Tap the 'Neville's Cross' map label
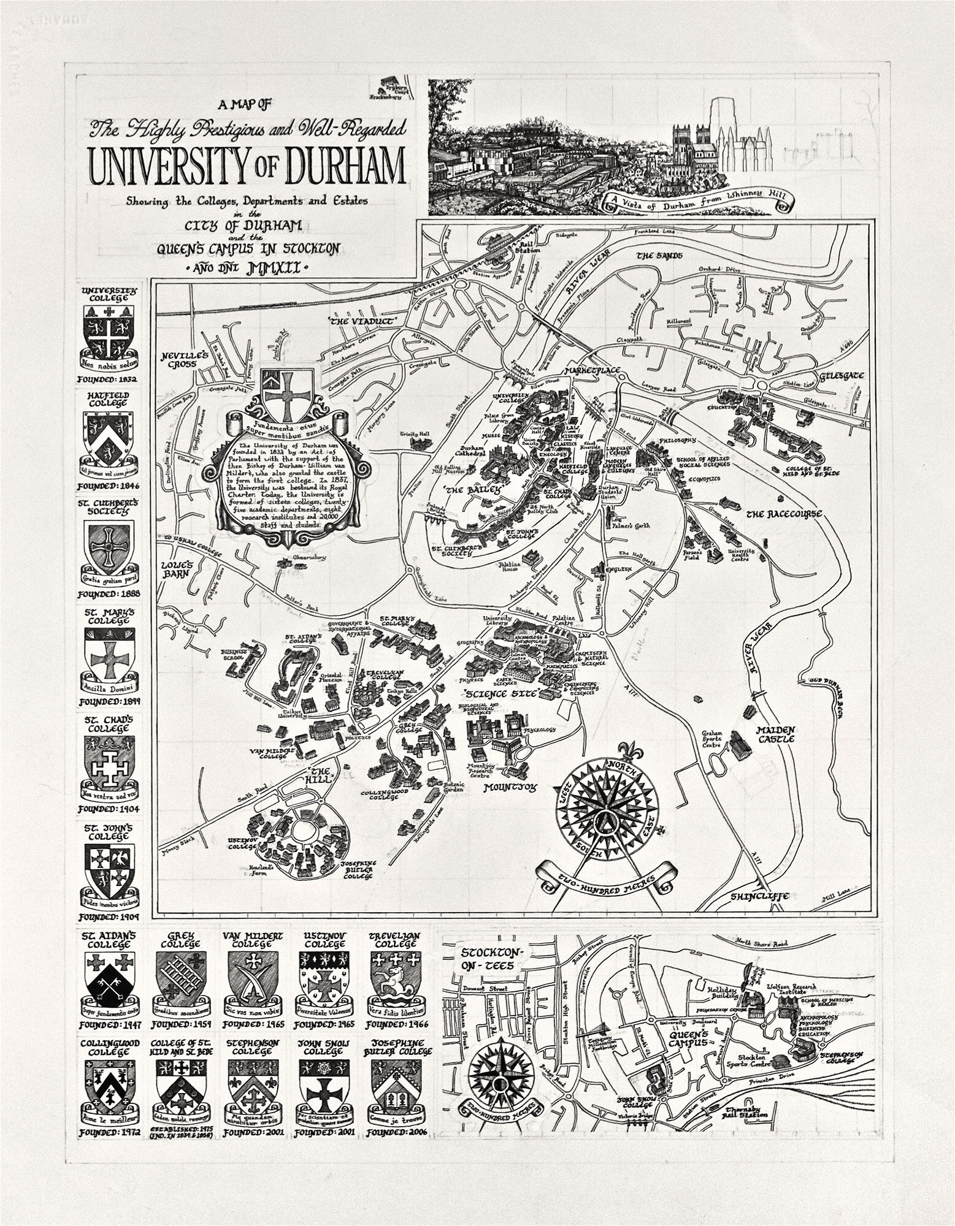(185, 360)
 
